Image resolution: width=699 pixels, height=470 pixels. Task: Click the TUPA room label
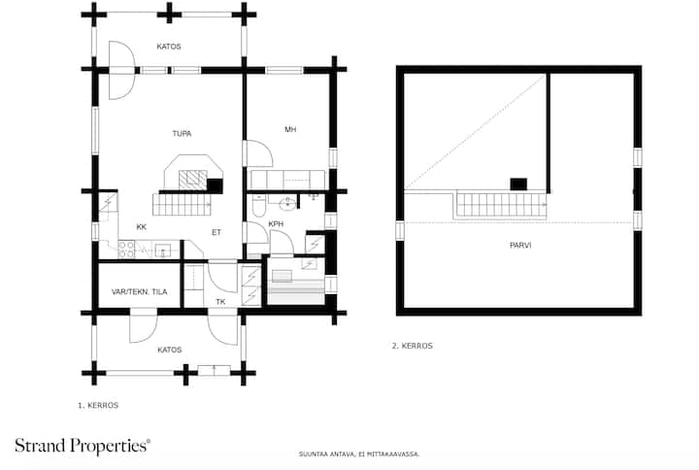(x=182, y=133)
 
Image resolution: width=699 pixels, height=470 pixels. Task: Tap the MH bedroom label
(x=290, y=129)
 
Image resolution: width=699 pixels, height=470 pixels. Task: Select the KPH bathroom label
(x=276, y=224)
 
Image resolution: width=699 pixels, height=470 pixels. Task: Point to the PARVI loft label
(x=520, y=246)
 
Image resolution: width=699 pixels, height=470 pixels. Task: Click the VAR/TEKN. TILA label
(x=140, y=291)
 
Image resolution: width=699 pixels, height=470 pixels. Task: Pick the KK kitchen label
(x=142, y=227)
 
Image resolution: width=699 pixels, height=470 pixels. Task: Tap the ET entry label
(x=216, y=232)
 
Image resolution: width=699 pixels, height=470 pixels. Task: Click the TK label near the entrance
(x=220, y=302)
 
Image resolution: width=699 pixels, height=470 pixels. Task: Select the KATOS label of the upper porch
(x=169, y=47)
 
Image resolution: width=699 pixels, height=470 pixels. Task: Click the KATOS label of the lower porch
(x=169, y=350)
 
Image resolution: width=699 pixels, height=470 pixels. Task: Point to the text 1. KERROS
(x=98, y=405)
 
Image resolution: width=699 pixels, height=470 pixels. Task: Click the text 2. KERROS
(x=413, y=346)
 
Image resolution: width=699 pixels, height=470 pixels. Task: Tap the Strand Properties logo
(x=83, y=446)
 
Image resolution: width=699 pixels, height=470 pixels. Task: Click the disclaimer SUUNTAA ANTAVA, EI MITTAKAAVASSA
(x=359, y=454)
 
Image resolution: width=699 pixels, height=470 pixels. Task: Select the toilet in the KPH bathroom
(x=258, y=205)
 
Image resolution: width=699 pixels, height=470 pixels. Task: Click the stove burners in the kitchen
(x=126, y=250)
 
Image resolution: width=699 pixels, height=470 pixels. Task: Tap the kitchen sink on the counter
(x=162, y=251)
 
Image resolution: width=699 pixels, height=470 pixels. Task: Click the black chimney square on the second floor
(x=518, y=185)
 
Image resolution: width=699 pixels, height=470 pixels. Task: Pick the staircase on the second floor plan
(x=502, y=205)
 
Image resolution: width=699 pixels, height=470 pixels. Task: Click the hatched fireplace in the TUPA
(x=193, y=180)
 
